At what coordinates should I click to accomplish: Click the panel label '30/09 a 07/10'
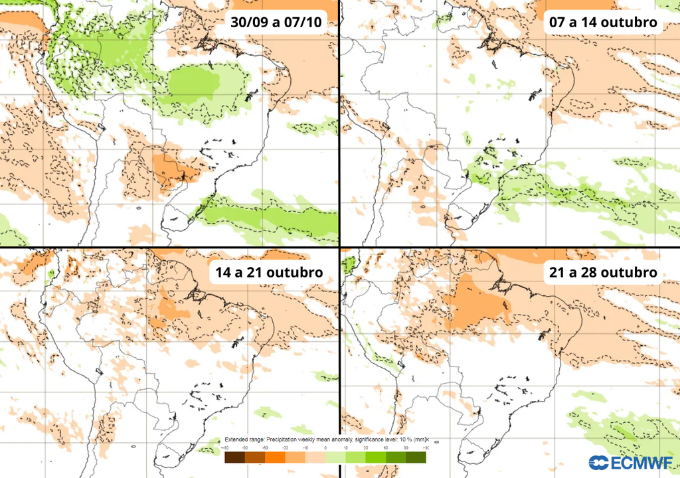pyautogui.click(x=276, y=23)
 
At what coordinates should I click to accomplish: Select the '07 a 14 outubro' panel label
pyautogui.click(x=603, y=23)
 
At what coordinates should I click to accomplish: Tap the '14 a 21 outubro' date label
pyautogui.click(x=269, y=272)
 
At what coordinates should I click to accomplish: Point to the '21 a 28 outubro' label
pyautogui.click(x=603, y=272)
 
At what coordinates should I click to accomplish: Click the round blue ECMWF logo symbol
pyautogui.click(x=597, y=463)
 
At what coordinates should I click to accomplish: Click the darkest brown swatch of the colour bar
pyautogui.click(x=234, y=457)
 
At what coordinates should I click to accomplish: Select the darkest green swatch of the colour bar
pyautogui.click(x=416, y=457)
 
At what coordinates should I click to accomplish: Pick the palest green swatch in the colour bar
pyautogui.click(x=335, y=457)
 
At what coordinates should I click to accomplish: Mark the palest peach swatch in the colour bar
pyautogui.click(x=315, y=457)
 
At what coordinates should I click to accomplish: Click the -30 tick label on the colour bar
pyautogui.click(x=285, y=449)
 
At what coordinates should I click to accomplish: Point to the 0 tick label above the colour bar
pyautogui.click(x=325, y=449)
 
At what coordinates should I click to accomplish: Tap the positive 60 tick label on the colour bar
pyautogui.click(x=386, y=449)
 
